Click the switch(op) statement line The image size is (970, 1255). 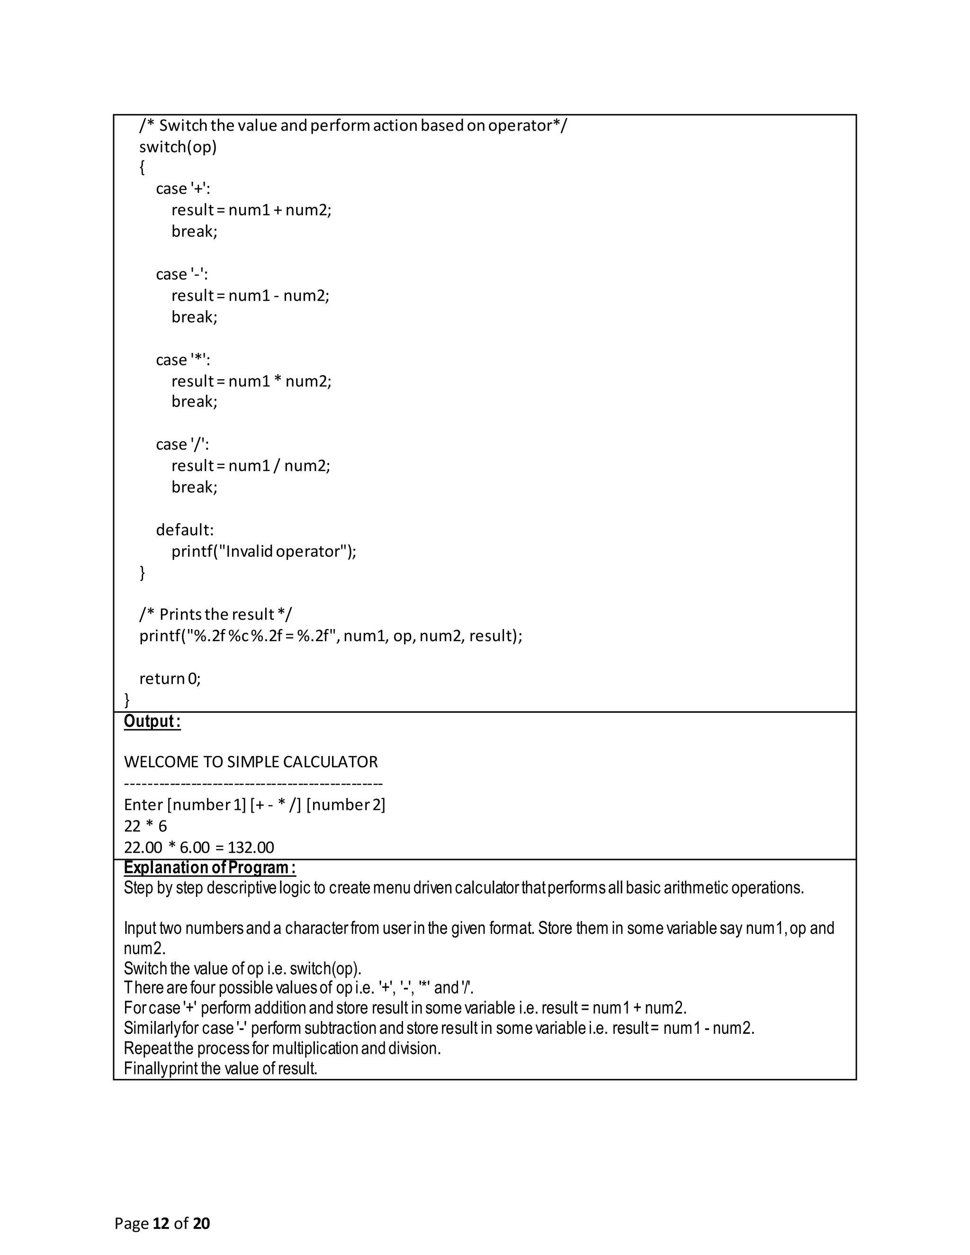(178, 147)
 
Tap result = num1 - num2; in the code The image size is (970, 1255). (250, 296)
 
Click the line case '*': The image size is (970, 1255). (183, 360)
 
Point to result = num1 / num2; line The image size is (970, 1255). (251, 466)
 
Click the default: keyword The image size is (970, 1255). (184, 530)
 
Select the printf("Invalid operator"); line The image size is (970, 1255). (264, 552)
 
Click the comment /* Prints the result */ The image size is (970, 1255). (216, 615)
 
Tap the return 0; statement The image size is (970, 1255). (170, 679)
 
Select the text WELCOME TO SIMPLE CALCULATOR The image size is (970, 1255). (251, 762)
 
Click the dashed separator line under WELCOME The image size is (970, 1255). (253, 784)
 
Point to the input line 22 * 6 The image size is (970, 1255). (145, 826)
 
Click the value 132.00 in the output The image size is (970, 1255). (251, 848)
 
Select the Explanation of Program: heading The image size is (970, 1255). (210, 868)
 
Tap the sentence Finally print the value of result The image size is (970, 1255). (221, 1069)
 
